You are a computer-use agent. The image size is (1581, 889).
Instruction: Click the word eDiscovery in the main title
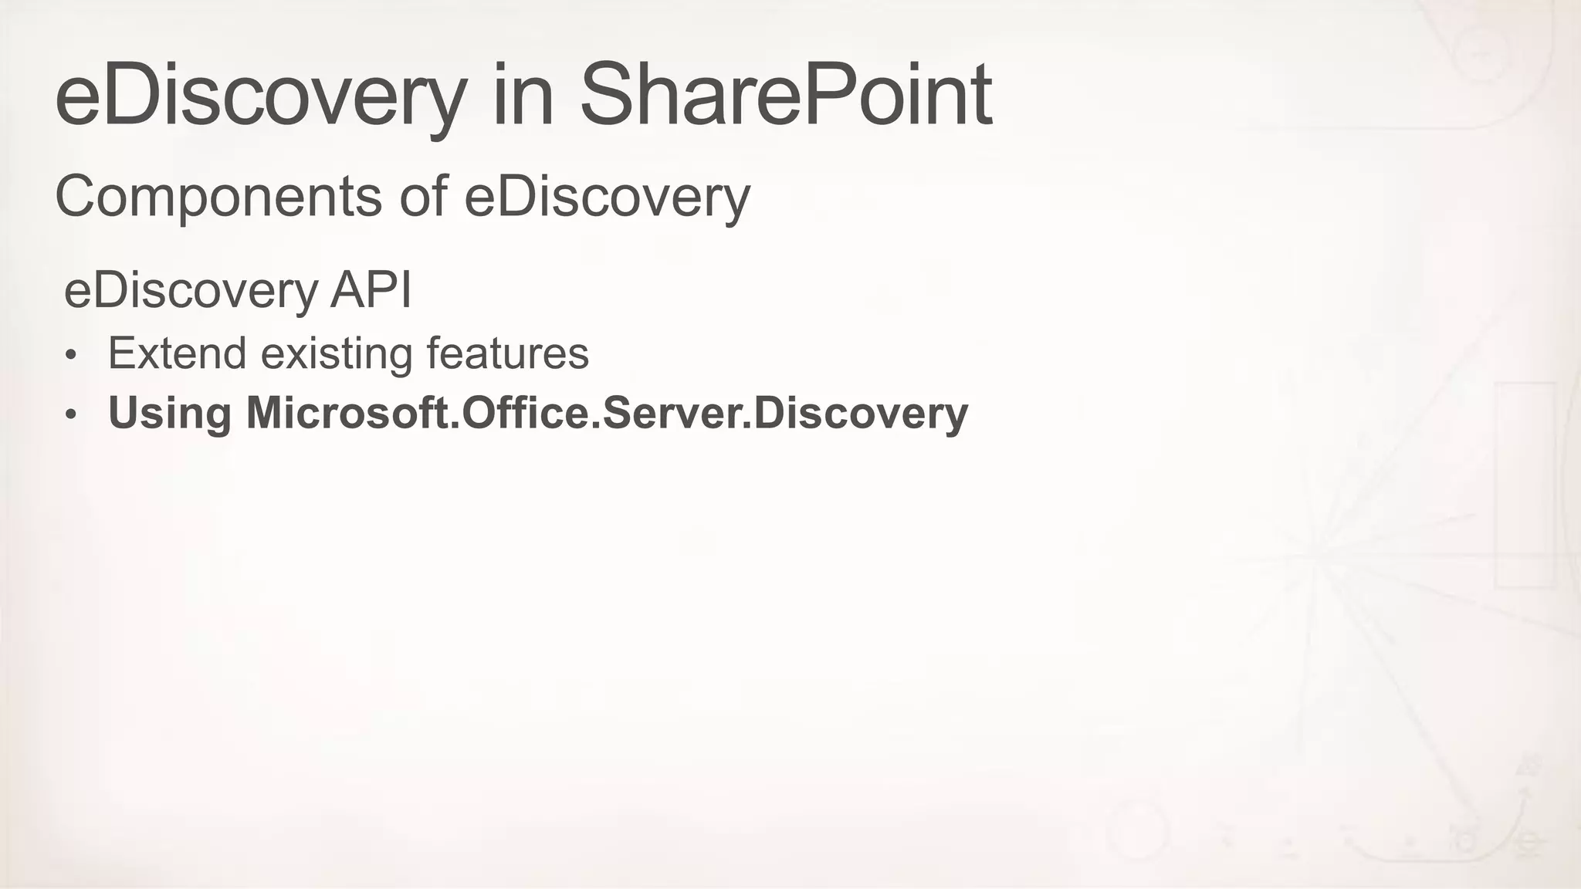(x=261, y=96)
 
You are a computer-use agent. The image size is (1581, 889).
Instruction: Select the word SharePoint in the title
(x=785, y=96)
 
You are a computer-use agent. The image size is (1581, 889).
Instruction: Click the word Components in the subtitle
(x=218, y=197)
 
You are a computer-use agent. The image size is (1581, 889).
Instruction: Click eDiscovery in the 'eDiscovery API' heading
(x=191, y=291)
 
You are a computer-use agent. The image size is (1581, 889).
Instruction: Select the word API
(x=371, y=290)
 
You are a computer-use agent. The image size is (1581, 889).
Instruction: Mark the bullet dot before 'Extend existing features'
(x=71, y=356)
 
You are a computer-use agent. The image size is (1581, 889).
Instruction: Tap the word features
(x=507, y=353)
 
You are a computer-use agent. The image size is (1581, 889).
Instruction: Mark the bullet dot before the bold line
(x=71, y=415)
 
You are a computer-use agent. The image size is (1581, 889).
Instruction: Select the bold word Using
(x=170, y=413)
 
